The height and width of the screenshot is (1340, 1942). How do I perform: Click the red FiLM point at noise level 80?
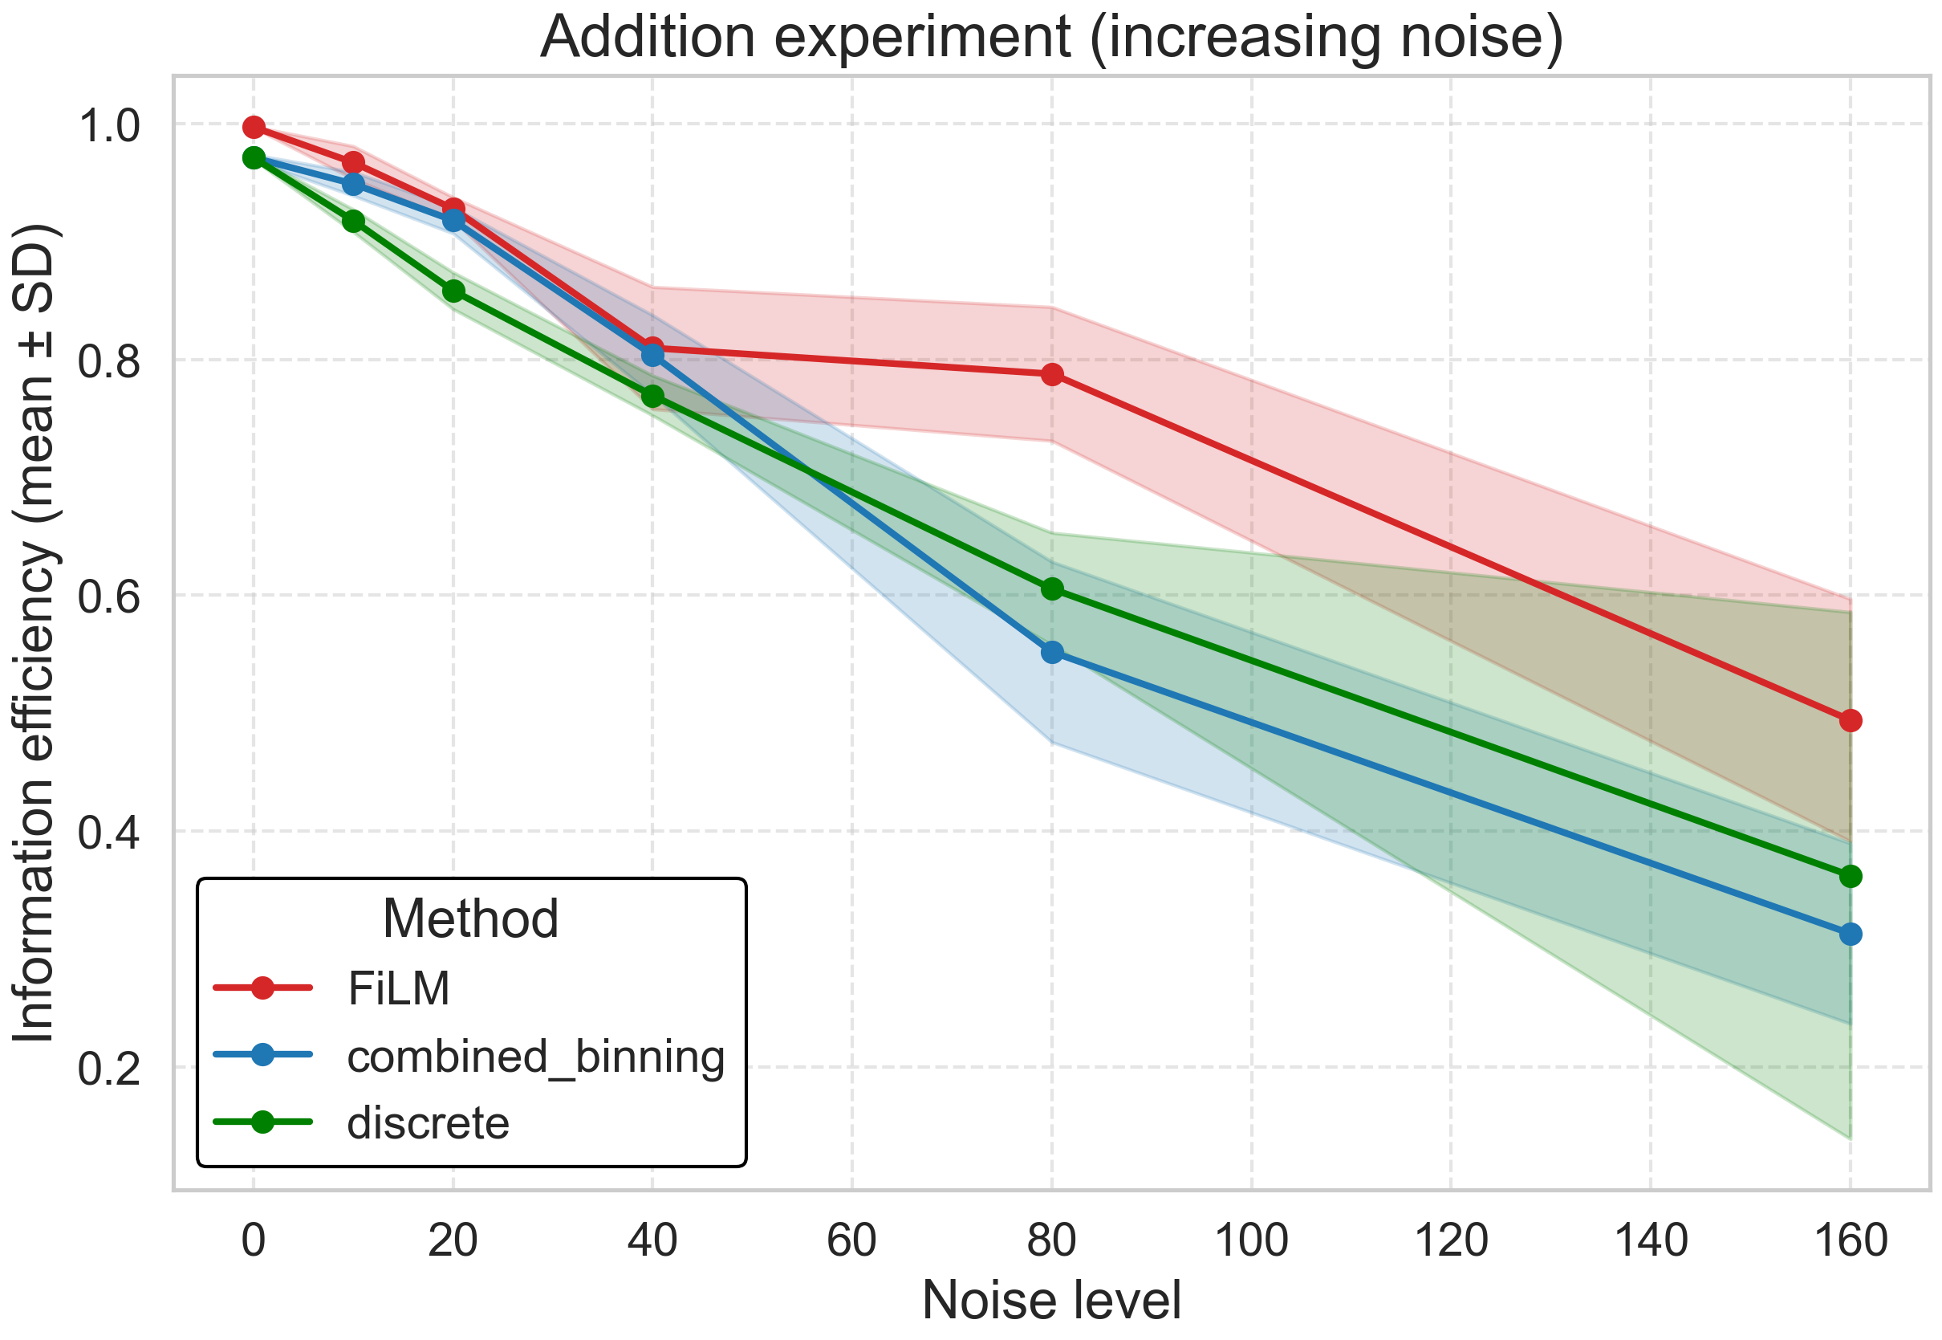pyautogui.click(x=1052, y=374)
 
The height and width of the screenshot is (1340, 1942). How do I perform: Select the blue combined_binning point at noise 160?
pyautogui.click(x=1851, y=935)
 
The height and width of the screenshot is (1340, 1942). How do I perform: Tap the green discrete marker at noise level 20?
pyautogui.click(x=454, y=291)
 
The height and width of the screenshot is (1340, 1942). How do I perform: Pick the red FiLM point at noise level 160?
pyautogui.click(x=1851, y=720)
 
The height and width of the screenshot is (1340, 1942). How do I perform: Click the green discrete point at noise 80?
pyautogui.click(x=1052, y=589)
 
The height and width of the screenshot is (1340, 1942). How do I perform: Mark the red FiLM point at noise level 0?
pyautogui.click(x=254, y=128)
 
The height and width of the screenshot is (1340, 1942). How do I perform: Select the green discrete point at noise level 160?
pyautogui.click(x=1851, y=877)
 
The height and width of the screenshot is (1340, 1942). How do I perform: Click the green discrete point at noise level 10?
pyautogui.click(x=354, y=221)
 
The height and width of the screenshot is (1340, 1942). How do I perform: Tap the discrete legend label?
pyautogui.click(x=428, y=1123)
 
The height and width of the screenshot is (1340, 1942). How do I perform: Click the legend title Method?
pyautogui.click(x=471, y=918)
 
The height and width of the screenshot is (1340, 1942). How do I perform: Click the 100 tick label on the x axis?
pyautogui.click(x=1251, y=1241)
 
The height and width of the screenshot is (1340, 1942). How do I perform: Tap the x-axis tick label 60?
pyautogui.click(x=851, y=1241)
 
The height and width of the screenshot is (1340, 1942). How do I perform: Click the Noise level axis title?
pyautogui.click(x=1051, y=1301)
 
